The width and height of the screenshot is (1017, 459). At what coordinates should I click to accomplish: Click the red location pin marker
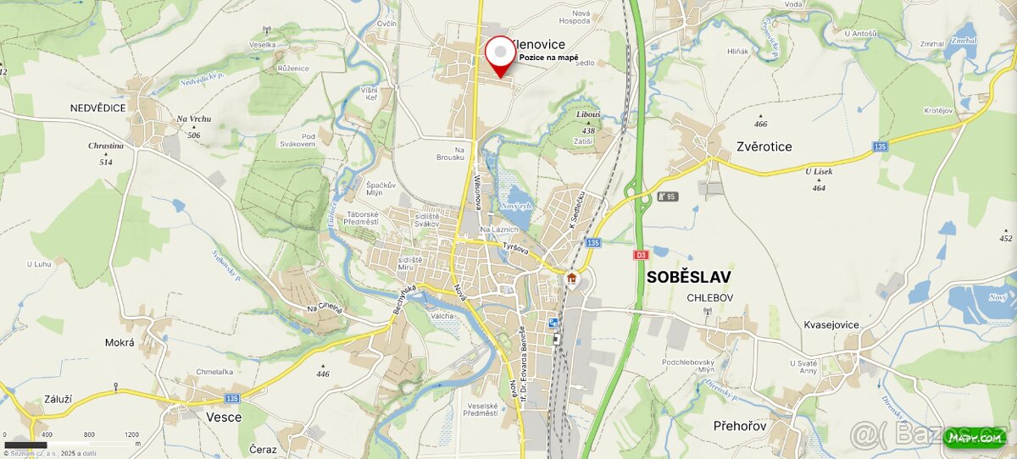pos(501,55)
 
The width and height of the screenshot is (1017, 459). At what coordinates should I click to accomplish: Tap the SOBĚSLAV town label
pos(688,277)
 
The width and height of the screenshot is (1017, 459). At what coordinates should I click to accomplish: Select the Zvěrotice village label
pos(764,147)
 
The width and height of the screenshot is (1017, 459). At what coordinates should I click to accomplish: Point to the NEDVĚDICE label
pos(98,108)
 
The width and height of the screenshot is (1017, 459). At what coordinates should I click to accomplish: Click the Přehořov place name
pos(740,426)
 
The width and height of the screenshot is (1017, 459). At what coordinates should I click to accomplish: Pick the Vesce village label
pos(224,417)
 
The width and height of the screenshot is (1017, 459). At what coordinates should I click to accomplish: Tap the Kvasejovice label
pos(831,324)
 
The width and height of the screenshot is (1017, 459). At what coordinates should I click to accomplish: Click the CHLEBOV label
pos(710,297)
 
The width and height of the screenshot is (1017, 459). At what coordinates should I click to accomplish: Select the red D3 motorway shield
pos(640,254)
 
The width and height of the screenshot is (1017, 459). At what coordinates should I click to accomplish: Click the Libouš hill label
pos(588,114)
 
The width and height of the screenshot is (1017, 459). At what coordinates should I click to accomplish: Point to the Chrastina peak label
pos(106,146)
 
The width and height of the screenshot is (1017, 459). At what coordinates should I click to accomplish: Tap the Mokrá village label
pos(119,343)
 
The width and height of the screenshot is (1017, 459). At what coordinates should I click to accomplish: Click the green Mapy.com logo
pos(974,437)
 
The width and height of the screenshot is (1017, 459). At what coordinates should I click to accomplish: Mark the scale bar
pos(26,445)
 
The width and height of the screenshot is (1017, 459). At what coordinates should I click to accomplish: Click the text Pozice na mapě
pos(548,58)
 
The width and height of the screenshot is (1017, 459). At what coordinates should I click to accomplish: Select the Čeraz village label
pos(263,449)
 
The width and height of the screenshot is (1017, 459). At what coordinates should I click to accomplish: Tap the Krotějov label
pos(938,111)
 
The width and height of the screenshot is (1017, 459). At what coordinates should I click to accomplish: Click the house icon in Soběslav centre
pos(571,278)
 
